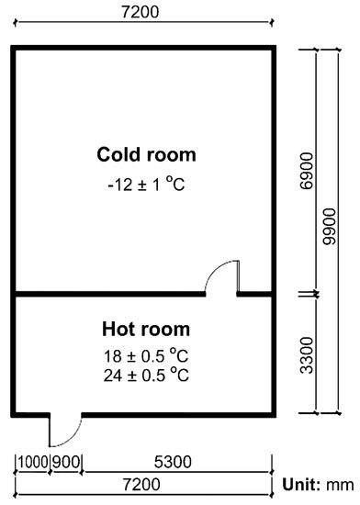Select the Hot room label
pos(146,329)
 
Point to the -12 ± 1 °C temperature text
pos(146,184)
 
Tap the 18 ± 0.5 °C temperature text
pos(146,355)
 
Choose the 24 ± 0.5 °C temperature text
pos(146,375)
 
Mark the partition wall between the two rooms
pos(106,294)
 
